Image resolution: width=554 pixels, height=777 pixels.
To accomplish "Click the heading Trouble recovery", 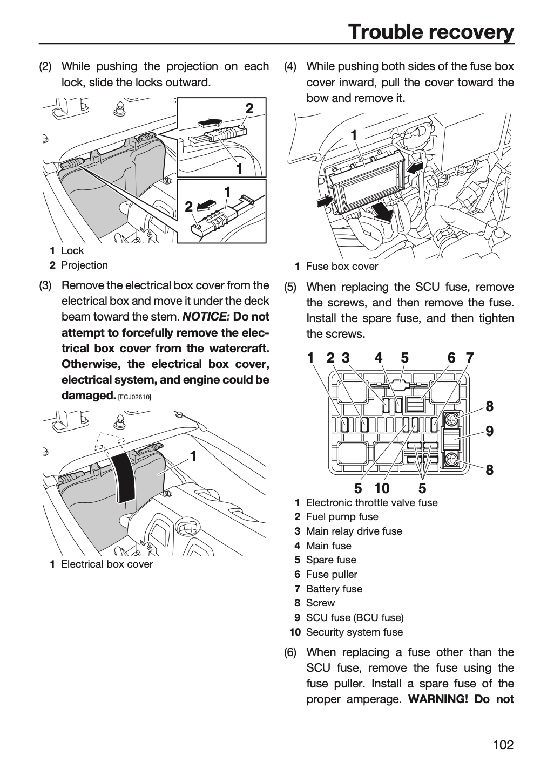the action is pos(431,32).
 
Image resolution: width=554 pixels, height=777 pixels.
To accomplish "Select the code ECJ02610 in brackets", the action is pos(134,397).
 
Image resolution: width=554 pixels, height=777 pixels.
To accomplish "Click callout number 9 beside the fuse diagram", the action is pos(489,431).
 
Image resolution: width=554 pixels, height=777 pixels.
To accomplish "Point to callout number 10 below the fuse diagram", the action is pos(382,488).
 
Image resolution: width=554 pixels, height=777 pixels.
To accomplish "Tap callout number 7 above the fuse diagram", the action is pos(470,358).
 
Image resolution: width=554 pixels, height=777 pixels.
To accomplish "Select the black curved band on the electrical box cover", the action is pos(124,477).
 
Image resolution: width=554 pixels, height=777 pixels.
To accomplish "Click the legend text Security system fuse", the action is pos(354,632).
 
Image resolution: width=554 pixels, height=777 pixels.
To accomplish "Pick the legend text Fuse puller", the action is pos(332,575).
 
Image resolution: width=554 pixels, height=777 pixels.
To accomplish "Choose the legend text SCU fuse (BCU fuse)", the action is pos(355,617).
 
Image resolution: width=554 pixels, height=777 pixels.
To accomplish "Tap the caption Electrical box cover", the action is pos(107,564).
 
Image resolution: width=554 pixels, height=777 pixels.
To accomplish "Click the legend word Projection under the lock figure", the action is pos(84,265).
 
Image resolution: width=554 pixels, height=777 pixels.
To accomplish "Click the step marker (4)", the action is pos(290,66).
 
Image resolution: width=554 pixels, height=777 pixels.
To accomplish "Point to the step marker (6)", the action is pos(290,652).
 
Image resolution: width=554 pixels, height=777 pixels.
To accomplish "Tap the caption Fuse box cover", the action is pos(342,267).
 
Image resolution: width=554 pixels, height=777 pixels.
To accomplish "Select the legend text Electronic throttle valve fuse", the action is pos(371,503).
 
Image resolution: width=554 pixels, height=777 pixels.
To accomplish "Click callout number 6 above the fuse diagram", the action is pos(451,358).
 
